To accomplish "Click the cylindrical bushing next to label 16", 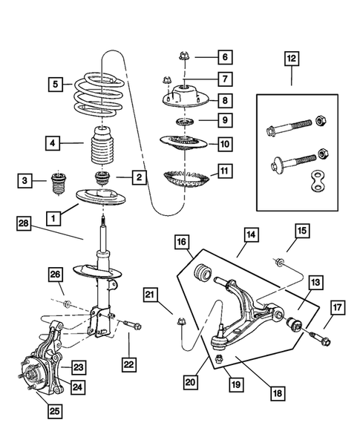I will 200,272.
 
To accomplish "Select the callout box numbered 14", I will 251,235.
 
